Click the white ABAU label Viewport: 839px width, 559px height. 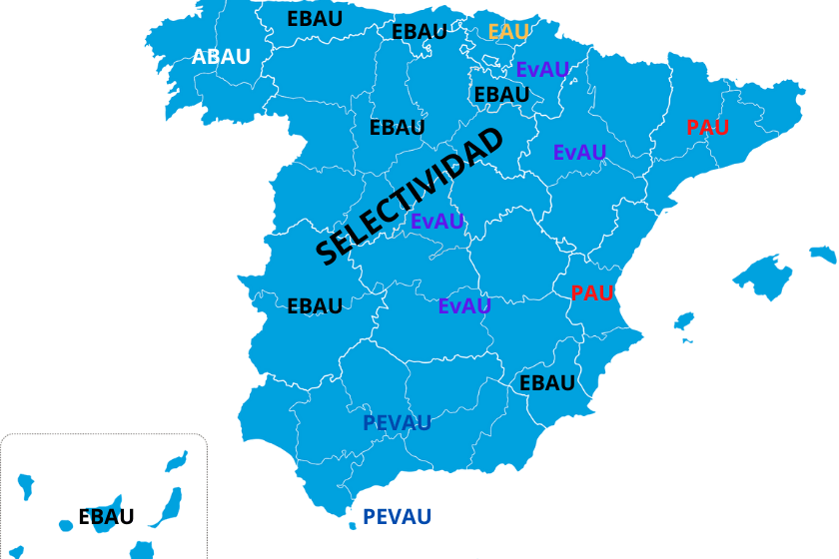coord(221,57)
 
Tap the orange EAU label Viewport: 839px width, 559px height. coord(508,32)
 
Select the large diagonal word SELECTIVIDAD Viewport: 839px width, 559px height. coord(409,197)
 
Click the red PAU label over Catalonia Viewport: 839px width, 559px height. coord(707,128)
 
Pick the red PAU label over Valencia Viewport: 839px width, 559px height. coord(591,293)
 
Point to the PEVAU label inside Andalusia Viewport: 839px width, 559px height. coord(397,423)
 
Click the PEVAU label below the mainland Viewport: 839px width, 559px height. coord(397,517)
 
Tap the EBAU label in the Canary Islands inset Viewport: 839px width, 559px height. coord(106,518)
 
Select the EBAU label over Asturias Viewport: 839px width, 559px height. coord(315,19)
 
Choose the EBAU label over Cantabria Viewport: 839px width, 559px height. coord(419,32)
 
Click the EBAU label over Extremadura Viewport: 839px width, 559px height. coord(315,306)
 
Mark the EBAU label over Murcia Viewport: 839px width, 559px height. coord(546,383)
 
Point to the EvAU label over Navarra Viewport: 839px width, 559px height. coord(542,70)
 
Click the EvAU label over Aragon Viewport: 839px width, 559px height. coord(579,153)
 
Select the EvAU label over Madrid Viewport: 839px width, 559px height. coord(437,222)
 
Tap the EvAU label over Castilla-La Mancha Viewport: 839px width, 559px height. coord(464,306)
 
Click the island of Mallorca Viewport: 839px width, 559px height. coord(764,275)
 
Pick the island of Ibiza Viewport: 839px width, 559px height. coord(684,322)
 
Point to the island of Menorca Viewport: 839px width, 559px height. coord(823,255)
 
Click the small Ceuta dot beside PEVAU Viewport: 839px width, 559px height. coord(353,526)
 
